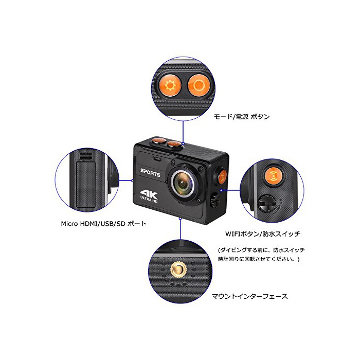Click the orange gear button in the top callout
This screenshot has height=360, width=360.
click(170, 86)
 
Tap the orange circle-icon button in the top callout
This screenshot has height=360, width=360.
click(199, 85)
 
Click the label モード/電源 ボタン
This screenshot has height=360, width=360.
click(242, 117)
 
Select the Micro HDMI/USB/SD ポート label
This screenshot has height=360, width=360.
click(103, 224)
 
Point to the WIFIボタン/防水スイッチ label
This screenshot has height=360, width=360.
click(263, 234)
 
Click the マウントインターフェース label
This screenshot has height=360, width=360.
click(249, 296)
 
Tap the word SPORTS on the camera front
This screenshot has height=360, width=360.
click(150, 172)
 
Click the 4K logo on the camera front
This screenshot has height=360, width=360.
click(149, 194)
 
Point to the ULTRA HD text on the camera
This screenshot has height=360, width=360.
click(149, 200)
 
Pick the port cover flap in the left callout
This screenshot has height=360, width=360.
click(85, 184)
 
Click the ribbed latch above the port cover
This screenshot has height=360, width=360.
click(86, 156)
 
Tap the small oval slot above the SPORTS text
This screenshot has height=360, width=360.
click(157, 159)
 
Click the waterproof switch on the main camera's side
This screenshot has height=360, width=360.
click(215, 200)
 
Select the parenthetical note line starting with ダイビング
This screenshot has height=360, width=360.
click(261, 250)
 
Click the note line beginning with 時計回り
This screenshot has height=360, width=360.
click(259, 259)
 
